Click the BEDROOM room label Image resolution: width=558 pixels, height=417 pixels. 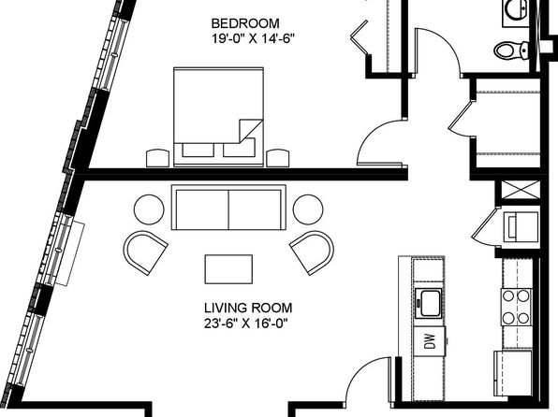click(245, 23)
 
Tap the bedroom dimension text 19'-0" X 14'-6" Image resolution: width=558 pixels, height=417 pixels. click(254, 38)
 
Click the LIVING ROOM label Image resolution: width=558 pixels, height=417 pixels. click(248, 308)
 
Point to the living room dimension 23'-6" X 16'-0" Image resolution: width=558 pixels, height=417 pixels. click(245, 324)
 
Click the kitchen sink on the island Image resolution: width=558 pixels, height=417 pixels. click(429, 303)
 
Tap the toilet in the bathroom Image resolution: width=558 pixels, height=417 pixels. click(511, 50)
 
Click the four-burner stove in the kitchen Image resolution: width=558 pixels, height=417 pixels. click(517, 307)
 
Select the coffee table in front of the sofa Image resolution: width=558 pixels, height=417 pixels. click(228, 269)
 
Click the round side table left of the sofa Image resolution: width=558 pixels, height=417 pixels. click(149, 209)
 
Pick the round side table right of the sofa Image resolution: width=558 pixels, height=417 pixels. click(308, 209)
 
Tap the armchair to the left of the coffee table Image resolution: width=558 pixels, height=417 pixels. click(145, 252)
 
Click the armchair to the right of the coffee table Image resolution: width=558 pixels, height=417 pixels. click(312, 252)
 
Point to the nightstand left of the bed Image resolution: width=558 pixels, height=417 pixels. click(157, 158)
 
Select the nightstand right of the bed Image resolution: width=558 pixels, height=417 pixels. click(278, 158)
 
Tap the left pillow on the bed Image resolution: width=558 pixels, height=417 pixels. click(198, 150)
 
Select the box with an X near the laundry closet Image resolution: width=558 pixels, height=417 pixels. click(521, 190)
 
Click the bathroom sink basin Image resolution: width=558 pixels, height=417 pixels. click(516, 10)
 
